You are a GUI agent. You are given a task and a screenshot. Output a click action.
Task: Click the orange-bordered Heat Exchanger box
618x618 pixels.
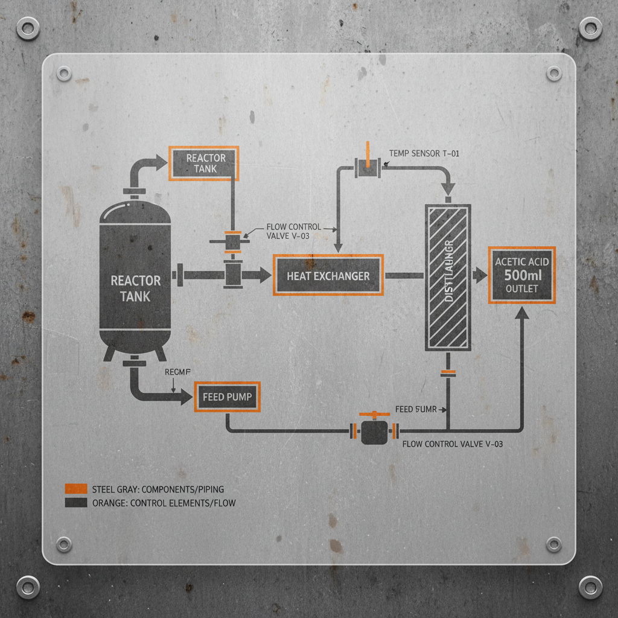click(x=328, y=275)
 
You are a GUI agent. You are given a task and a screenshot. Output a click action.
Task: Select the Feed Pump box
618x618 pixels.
click(x=227, y=397)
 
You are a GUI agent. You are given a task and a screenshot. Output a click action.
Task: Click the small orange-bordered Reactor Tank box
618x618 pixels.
click(x=205, y=163)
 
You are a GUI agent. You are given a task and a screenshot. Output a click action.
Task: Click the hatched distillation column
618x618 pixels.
click(x=448, y=277)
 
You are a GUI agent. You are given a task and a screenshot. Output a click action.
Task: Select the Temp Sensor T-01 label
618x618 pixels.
click(x=424, y=154)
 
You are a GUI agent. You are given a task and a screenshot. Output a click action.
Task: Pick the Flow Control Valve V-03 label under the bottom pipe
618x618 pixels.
click(x=452, y=444)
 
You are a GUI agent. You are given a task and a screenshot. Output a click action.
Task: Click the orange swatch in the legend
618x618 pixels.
click(x=75, y=489)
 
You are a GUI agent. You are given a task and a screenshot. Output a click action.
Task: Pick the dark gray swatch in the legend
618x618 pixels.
click(x=75, y=502)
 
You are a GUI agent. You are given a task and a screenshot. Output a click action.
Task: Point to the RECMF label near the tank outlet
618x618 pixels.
click(x=177, y=372)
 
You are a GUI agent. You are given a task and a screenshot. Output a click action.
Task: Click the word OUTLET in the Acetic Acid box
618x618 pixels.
click(x=521, y=289)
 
